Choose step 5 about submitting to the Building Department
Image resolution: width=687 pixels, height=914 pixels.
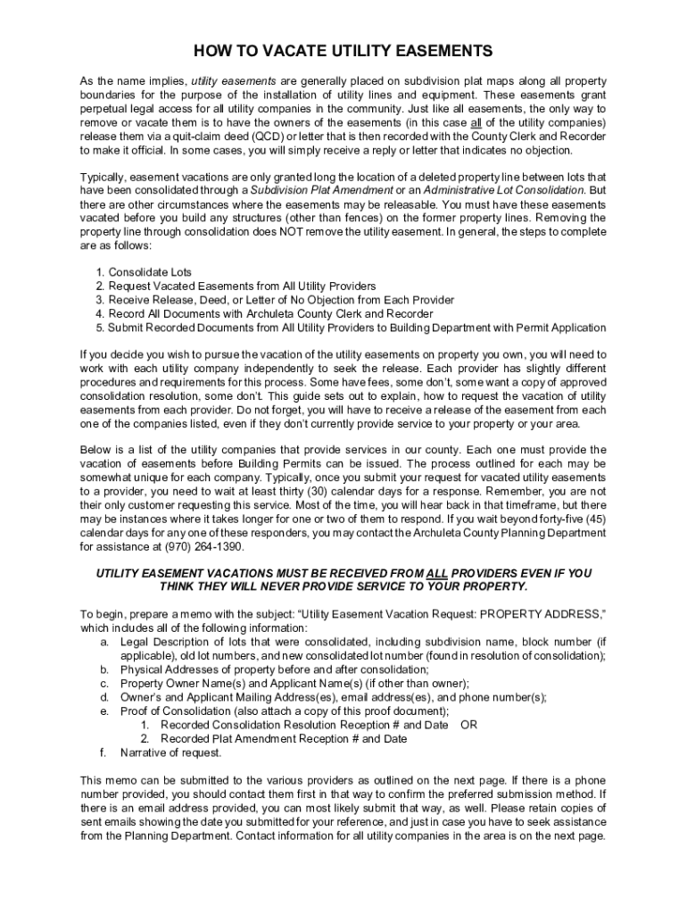pos(357,328)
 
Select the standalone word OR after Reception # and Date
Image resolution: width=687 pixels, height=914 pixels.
pos(468,725)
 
